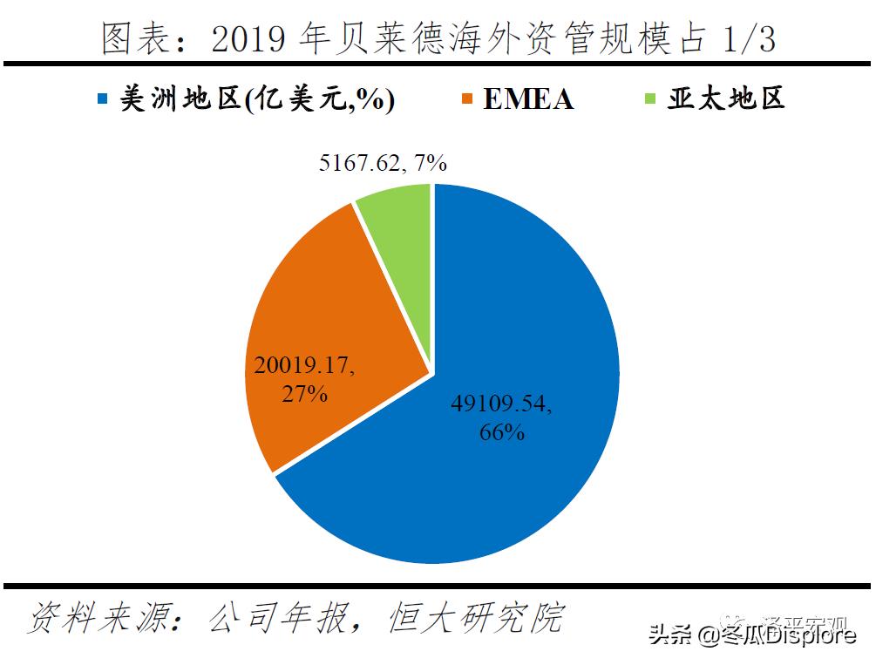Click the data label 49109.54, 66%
[502, 417]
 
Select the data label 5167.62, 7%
[383, 162]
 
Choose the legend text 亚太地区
[726, 98]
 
